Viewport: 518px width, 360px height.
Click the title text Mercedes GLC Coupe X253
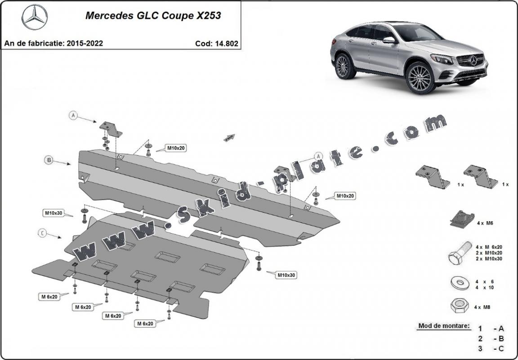click(153, 16)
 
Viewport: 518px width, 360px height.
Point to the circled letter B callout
click(49, 160)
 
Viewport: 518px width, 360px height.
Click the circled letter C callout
click(41, 232)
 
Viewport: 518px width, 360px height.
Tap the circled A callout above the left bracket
click(74, 116)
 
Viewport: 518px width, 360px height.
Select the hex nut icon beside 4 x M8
click(458, 307)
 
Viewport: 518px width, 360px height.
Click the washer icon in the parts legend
click(458, 284)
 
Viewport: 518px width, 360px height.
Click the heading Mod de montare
click(444, 326)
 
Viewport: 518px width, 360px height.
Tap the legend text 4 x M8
click(482, 307)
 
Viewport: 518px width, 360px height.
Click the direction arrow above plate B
click(230, 138)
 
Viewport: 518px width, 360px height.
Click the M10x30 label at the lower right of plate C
click(286, 275)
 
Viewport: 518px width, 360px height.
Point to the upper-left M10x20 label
click(176, 148)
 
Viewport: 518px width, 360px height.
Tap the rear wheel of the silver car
click(344, 66)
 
